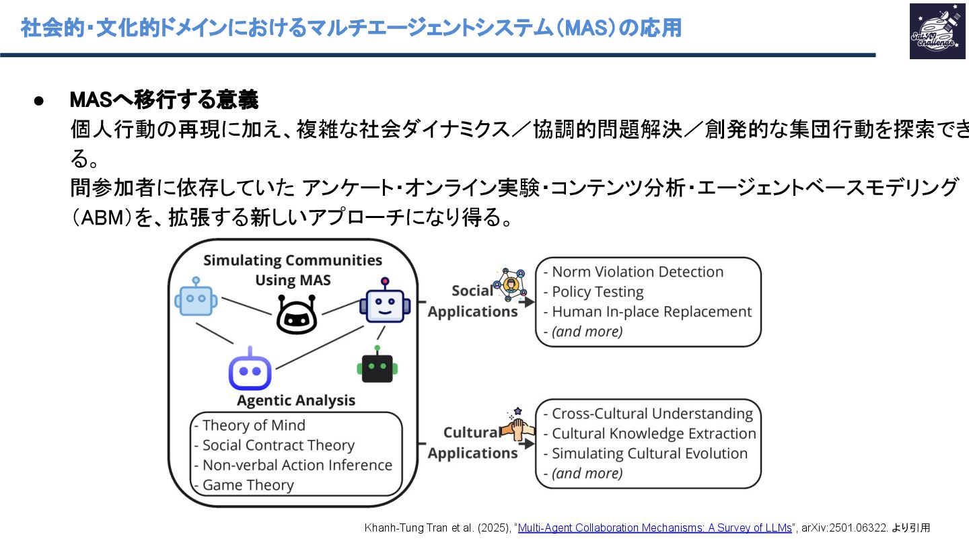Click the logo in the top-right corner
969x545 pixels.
[x=937, y=31]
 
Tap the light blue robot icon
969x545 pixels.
[x=196, y=296]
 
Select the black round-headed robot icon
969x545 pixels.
[x=296, y=314]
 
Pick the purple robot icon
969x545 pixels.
[x=250, y=370]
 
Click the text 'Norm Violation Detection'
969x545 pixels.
[x=637, y=272]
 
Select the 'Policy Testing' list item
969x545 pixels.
[x=598, y=292]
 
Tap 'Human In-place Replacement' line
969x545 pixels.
[x=651, y=312]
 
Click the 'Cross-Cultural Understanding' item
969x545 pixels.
[x=652, y=413]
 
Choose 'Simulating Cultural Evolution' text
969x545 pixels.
[x=649, y=453]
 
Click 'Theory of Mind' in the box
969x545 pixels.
[x=254, y=425]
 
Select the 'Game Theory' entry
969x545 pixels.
[x=248, y=485]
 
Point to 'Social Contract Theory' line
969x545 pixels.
[x=278, y=445]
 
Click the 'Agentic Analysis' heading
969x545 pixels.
[x=296, y=400]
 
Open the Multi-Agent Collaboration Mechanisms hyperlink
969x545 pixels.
[x=655, y=528]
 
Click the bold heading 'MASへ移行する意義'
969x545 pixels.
[x=164, y=100]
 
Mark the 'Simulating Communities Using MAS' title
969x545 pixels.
[x=293, y=270]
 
